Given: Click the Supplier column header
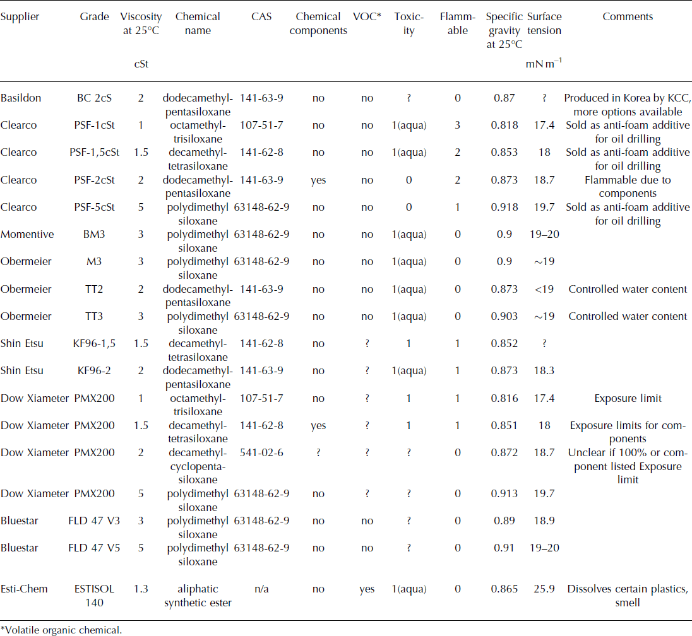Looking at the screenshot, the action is click(20, 17).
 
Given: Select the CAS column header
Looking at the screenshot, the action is click(261, 17).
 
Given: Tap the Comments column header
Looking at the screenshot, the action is click(628, 17).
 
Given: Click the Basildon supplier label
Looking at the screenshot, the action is click(21, 98).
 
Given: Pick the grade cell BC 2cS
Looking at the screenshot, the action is click(94, 98).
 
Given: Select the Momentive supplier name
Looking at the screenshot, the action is click(27, 234).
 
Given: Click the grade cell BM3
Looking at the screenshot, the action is click(94, 234).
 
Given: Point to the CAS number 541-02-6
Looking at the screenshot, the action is click(261, 452).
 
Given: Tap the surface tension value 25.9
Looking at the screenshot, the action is click(544, 589).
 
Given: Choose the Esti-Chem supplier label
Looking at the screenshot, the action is click(24, 589).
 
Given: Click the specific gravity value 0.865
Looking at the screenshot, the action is click(504, 589).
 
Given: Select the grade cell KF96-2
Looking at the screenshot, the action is click(94, 370).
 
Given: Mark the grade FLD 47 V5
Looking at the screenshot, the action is click(94, 548).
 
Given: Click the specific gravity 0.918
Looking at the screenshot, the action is click(504, 207).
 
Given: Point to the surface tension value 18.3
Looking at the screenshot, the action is click(544, 370).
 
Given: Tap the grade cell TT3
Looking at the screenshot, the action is click(94, 316).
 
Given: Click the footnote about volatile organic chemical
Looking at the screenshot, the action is click(61, 630).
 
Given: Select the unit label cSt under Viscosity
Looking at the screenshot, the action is click(141, 64).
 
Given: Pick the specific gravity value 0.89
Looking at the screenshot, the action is click(504, 521).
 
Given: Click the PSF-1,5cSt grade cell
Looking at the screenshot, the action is click(94, 152).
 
